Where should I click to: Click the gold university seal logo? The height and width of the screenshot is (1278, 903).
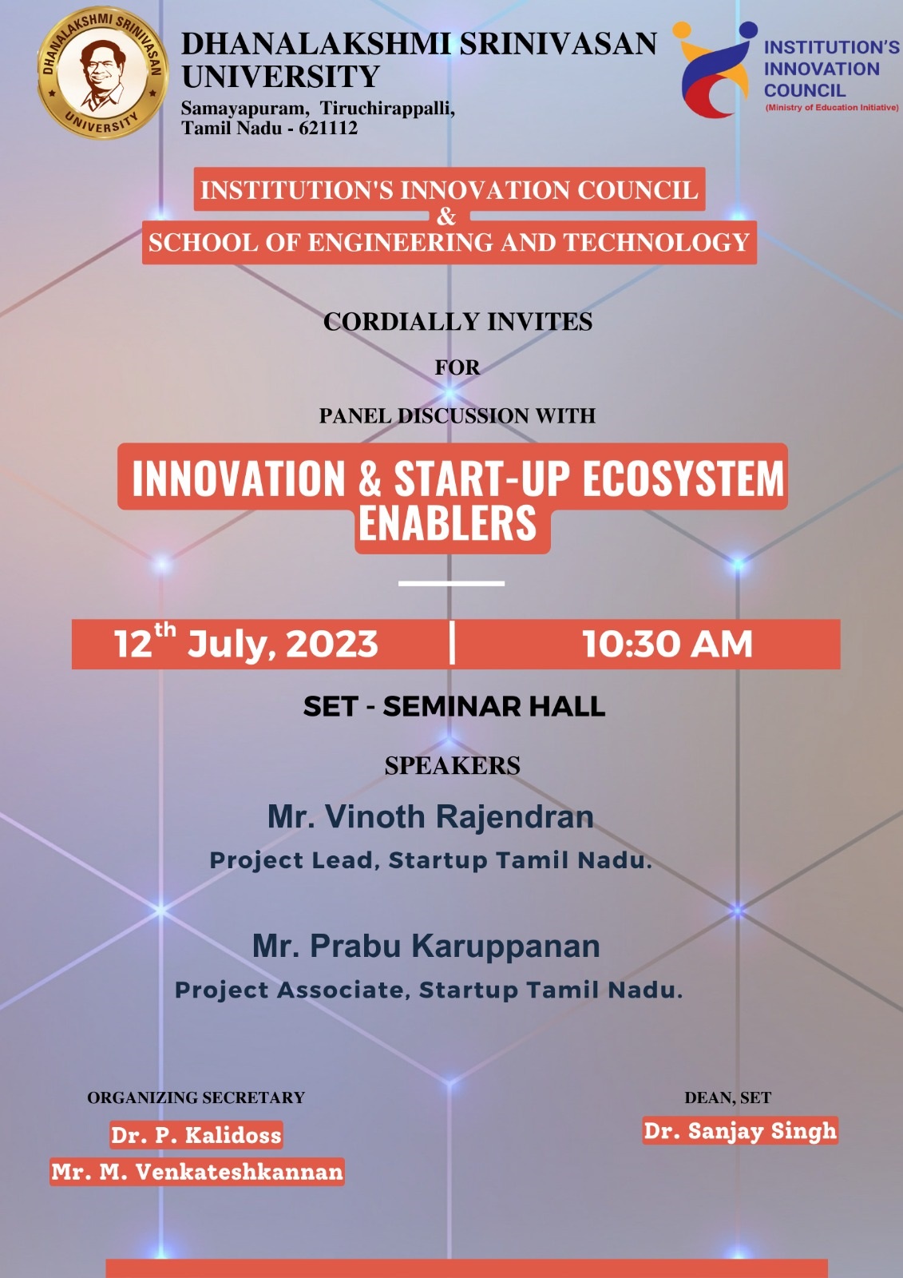(x=103, y=73)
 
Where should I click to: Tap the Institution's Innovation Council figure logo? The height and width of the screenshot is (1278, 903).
(x=715, y=69)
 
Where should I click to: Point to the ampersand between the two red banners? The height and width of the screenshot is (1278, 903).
(x=446, y=216)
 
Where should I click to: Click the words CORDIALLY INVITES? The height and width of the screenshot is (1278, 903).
(x=457, y=322)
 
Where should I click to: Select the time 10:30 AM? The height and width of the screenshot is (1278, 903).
(x=667, y=644)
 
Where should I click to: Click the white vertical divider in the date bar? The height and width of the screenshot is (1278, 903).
(x=452, y=643)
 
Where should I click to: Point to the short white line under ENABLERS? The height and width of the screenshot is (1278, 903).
(x=451, y=583)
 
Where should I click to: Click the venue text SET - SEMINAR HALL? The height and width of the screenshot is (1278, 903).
(x=454, y=706)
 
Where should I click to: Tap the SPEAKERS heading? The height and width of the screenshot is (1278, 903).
(x=453, y=766)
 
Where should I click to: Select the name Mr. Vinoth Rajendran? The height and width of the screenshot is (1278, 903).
(x=430, y=816)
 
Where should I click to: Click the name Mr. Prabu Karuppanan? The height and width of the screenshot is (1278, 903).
(x=426, y=946)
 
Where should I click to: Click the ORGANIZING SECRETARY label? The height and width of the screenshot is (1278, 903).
(x=196, y=1097)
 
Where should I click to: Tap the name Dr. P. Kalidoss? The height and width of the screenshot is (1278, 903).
(x=196, y=1135)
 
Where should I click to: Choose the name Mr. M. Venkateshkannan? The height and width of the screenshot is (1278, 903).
(x=197, y=1172)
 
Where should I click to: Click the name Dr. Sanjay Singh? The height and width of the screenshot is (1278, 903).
(x=740, y=1131)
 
